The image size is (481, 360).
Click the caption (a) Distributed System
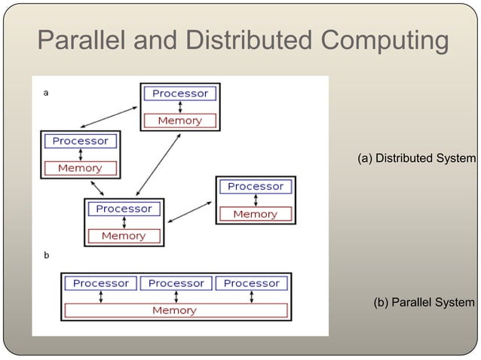pos(416,158)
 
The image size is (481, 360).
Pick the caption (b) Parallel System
pos(424,303)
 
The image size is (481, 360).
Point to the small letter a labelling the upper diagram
pos(46,93)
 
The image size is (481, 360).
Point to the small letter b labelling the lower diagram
pos(46,255)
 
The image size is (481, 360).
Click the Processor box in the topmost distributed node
pos(180,93)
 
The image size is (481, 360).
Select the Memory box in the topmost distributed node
pos(179,121)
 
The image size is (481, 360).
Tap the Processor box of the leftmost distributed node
pos(80,141)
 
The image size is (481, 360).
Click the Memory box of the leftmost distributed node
pos(80,168)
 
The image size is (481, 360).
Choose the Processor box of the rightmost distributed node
pos(256,186)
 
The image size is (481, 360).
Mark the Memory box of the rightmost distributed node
pos(256,214)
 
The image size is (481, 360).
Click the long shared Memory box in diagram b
pos(175,310)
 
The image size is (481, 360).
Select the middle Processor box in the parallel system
pos(176,283)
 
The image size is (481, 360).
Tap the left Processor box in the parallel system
pos(101,283)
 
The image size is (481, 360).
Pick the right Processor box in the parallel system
pos(252,283)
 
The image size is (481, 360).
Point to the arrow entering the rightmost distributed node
pos(190,211)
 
